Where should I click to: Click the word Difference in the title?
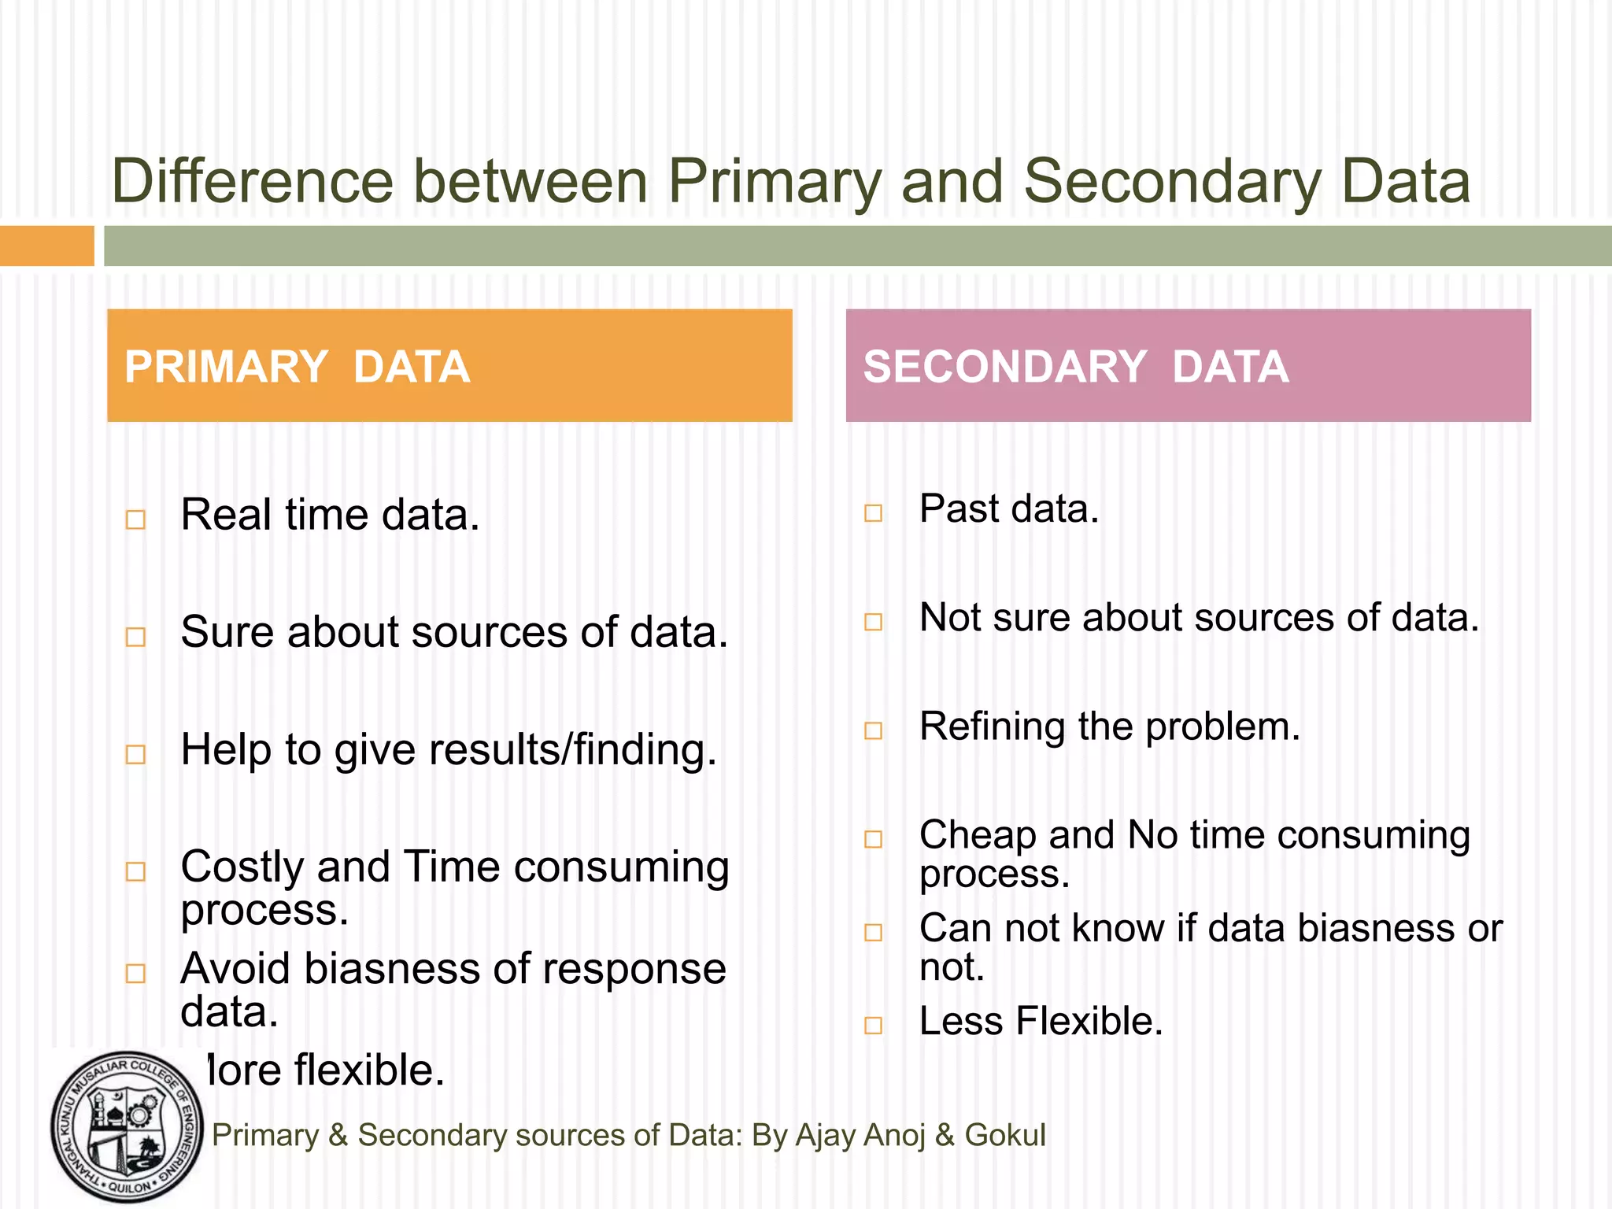[252, 181]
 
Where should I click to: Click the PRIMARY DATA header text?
[297, 367]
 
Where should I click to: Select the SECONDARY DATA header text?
[1075, 367]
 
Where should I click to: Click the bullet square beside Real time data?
[135, 519]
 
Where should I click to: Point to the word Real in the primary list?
[226, 515]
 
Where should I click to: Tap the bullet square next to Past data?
[873, 513]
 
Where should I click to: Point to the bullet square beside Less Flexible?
[873, 1025]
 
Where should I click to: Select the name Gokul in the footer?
[1005, 1135]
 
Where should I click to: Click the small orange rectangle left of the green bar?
[46, 246]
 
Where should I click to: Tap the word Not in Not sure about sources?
[950, 618]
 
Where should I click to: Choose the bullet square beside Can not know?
[873, 933]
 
